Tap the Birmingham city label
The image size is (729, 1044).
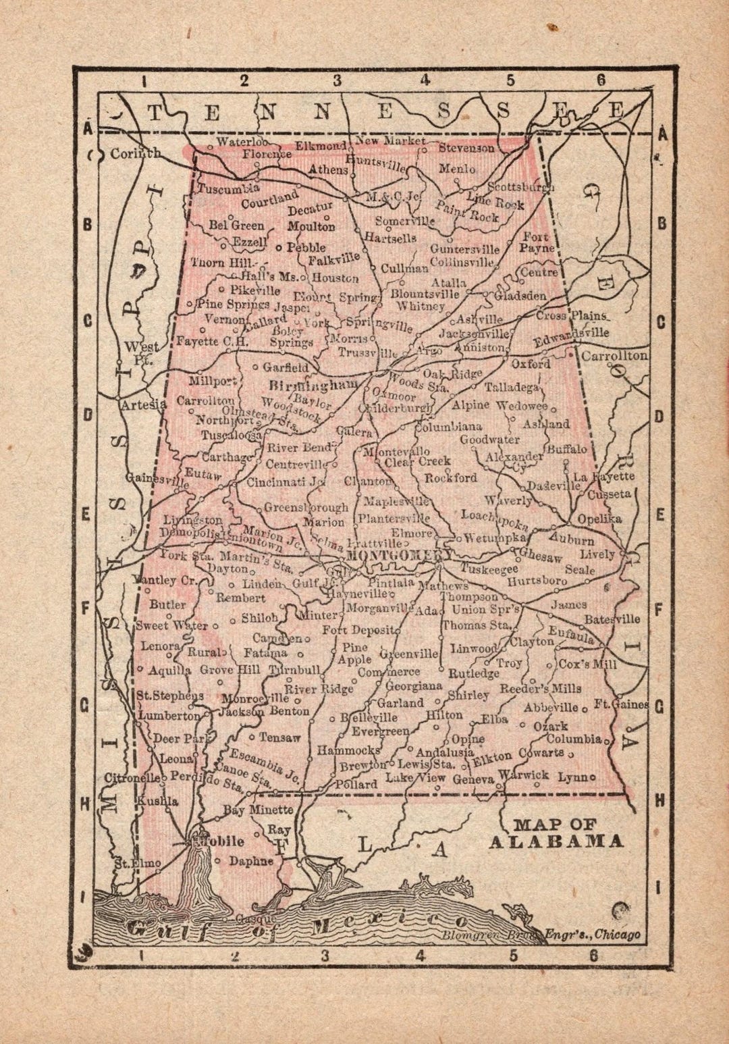pyautogui.click(x=313, y=386)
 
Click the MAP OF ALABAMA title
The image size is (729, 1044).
pyautogui.click(x=556, y=833)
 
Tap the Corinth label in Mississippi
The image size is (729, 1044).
pyautogui.click(x=135, y=153)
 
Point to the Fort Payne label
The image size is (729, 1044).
pyautogui.click(x=537, y=242)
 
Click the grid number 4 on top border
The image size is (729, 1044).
pyautogui.click(x=425, y=80)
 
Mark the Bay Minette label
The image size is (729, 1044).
pyautogui.click(x=259, y=809)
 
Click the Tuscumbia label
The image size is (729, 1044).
pyautogui.click(x=228, y=188)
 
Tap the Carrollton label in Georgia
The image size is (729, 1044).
pyautogui.click(x=614, y=355)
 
